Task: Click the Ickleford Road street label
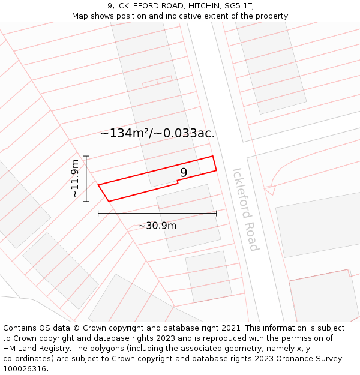pyautogui.click(x=245, y=209)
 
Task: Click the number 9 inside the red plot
pyautogui.click(x=184, y=173)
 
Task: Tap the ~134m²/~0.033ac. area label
pyautogui.click(x=157, y=133)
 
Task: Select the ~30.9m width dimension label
pyautogui.click(x=157, y=226)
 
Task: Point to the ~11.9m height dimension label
pyautogui.click(x=74, y=179)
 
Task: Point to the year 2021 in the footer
pyautogui.click(x=230, y=328)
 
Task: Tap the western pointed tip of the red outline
pyautogui.click(x=98, y=185)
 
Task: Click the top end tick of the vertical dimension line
pyautogui.click(x=86, y=157)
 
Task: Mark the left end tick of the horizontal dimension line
pyautogui.click(x=98, y=213)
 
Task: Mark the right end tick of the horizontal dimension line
pyautogui.click(x=216, y=213)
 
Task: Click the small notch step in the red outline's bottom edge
pyautogui.click(x=178, y=183)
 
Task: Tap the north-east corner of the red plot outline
pyautogui.click(x=212, y=157)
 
